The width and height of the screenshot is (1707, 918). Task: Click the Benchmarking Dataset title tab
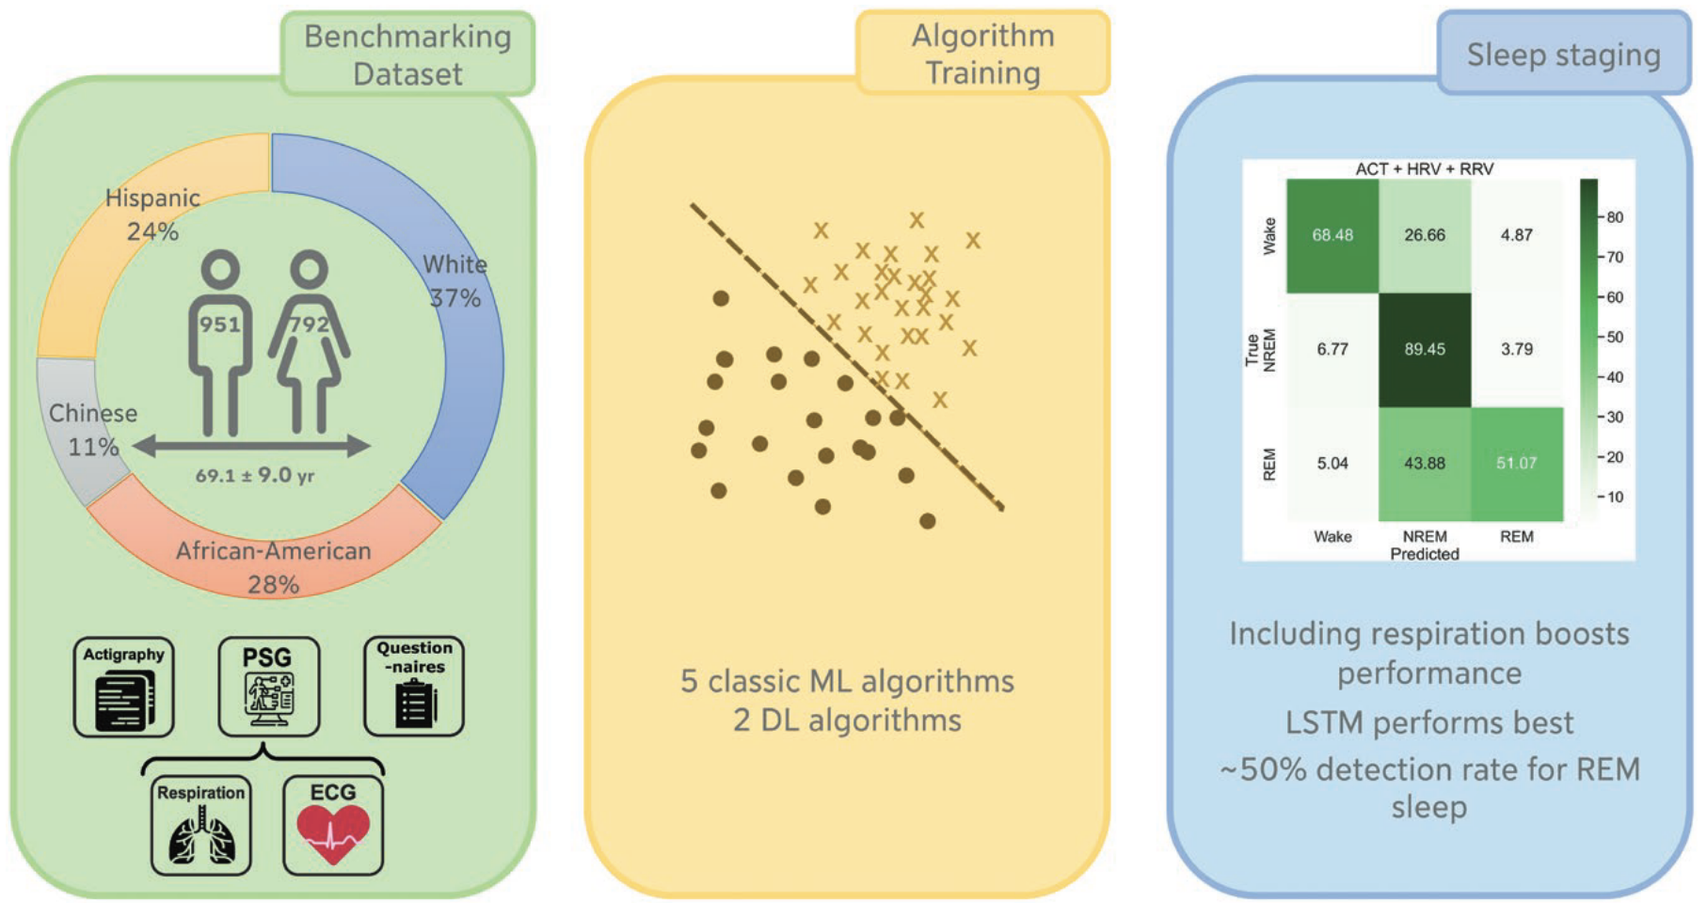[x=407, y=55]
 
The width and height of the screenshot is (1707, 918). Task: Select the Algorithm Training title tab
[x=982, y=54]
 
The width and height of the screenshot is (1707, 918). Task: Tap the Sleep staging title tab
[x=1563, y=54]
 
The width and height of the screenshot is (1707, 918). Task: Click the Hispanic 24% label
[x=152, y=214]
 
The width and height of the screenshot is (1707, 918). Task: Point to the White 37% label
[x=455, y=281]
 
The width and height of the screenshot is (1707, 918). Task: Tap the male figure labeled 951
[x=220, y=342]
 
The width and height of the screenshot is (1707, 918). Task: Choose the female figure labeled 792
[x=309, y=342]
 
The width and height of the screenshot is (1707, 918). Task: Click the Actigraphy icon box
[x=124, y=688]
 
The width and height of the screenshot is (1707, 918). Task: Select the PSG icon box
[x=269, y=688]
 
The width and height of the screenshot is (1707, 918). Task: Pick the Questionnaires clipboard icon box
[x=414, y=687]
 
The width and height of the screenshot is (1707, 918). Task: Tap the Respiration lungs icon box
[x=201, y=826]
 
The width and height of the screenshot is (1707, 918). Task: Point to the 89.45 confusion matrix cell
[x=1425, y=349]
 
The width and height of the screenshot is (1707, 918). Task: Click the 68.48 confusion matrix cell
[x=1332, y=235]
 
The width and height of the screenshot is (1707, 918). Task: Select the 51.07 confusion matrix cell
[x=1517, y=464]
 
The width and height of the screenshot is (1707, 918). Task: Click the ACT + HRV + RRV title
[x=1425, y=169]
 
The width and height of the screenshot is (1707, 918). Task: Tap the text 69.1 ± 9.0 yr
[x=255, y=475]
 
